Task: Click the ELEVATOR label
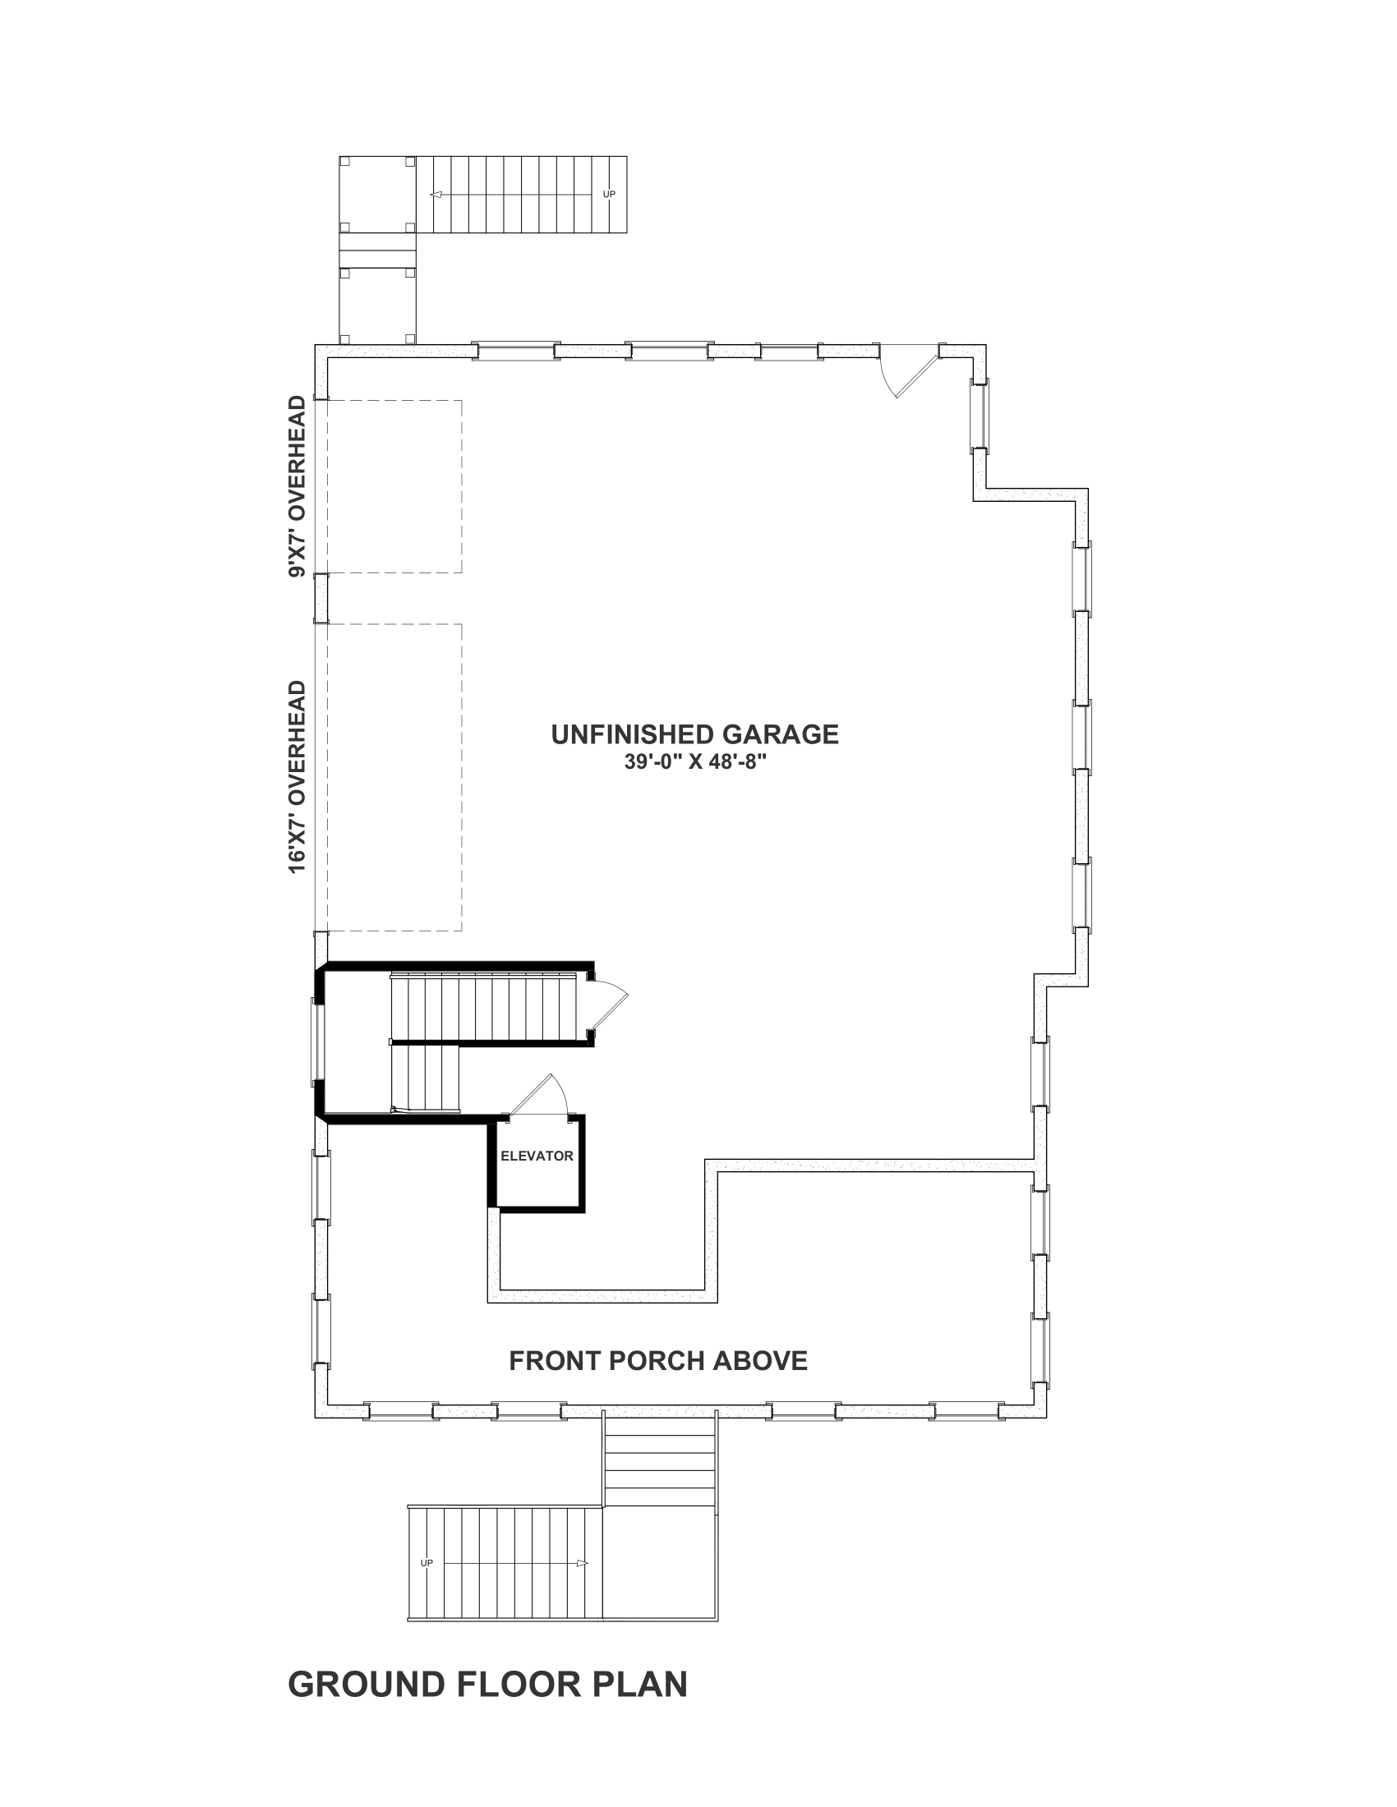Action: [537, 1156]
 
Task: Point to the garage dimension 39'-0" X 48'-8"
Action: [695, 761]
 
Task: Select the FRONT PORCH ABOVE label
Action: [658, 1361]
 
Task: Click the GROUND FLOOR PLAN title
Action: [487, 1685]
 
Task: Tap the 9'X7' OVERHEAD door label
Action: [297, 486]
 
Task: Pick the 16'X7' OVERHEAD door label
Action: [297, 777]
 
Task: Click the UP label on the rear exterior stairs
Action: [609, 195]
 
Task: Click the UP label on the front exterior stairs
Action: [426, 1563]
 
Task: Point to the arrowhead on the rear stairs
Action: [436, 195]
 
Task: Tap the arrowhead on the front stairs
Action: [582, 1563]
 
